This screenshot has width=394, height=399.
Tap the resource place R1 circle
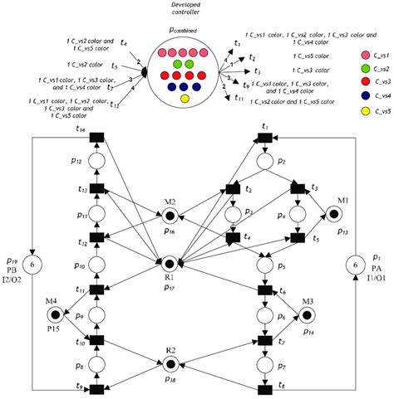click(x=168, y=265)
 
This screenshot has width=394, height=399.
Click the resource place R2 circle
click(x=168, y=363)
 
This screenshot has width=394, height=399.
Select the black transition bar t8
click(x=265, y=389)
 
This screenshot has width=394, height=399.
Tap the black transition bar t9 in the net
click(x=96, y=389)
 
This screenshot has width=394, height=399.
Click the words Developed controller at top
click(x=184, y=9)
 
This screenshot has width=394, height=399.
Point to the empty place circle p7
click(x=265, y=364)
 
